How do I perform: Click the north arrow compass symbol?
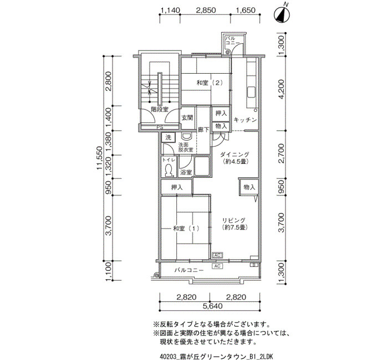tap(282, 14)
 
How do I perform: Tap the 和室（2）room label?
tap(210, 83)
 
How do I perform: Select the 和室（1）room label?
tap(186, 228)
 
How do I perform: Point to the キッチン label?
tap(245, 120)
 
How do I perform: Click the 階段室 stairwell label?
tap(160, 109)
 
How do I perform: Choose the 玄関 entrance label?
tap(187, 118)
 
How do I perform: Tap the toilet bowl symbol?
tap(169, 171)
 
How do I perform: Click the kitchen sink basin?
tap(252, 92)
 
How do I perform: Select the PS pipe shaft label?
tap(160, 127)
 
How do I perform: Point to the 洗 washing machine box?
tap(169, 137)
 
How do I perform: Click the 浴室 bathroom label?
tap(186, 172)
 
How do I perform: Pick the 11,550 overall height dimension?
tap(99, 158)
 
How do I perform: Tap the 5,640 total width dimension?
tap(212, 306)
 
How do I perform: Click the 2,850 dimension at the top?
tap(206, 11)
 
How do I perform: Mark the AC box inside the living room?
tap(217, 255)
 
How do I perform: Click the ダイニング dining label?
tap(234, 155)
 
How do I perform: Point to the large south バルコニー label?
tap(189, 270)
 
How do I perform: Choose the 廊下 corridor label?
tap(203, 130)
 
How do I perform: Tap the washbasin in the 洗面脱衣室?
tap(186, 136)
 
